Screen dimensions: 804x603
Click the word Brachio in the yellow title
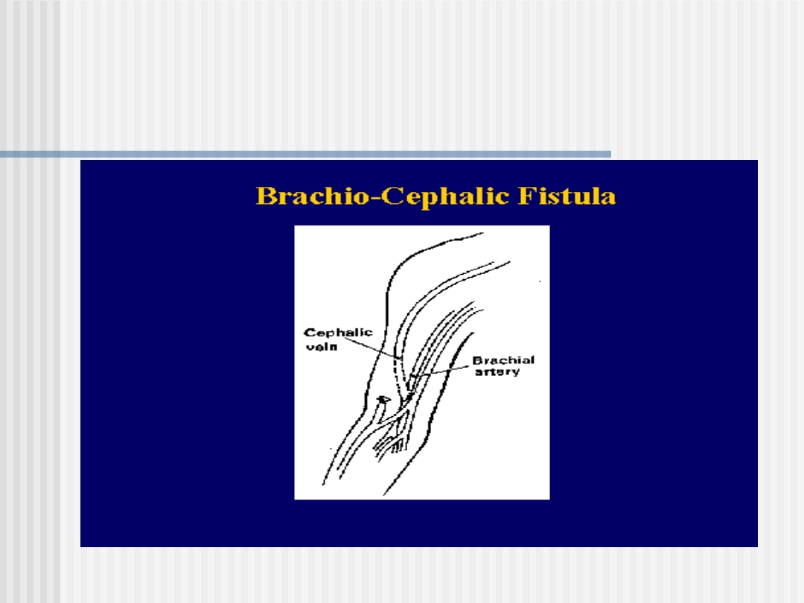(313, 196)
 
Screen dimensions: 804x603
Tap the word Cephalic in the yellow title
(445, 197)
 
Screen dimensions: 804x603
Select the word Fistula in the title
(567, 196)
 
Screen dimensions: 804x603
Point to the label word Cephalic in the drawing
(338, 332)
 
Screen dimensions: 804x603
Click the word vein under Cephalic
(322, 347)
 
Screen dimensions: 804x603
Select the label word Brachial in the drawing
(503, 360)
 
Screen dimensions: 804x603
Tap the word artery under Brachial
(497, 371)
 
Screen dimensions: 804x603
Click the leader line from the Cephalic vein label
(370, 348)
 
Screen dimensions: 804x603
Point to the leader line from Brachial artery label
(441, 371)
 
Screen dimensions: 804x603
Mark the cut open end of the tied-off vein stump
(383, 399)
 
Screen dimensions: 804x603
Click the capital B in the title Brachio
(265, 196)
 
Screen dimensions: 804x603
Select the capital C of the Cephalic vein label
(309, 332)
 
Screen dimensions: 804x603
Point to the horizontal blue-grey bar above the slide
(306, 154)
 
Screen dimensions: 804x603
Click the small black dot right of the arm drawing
(540, 281)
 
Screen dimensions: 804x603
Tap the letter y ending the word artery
(516, 373)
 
